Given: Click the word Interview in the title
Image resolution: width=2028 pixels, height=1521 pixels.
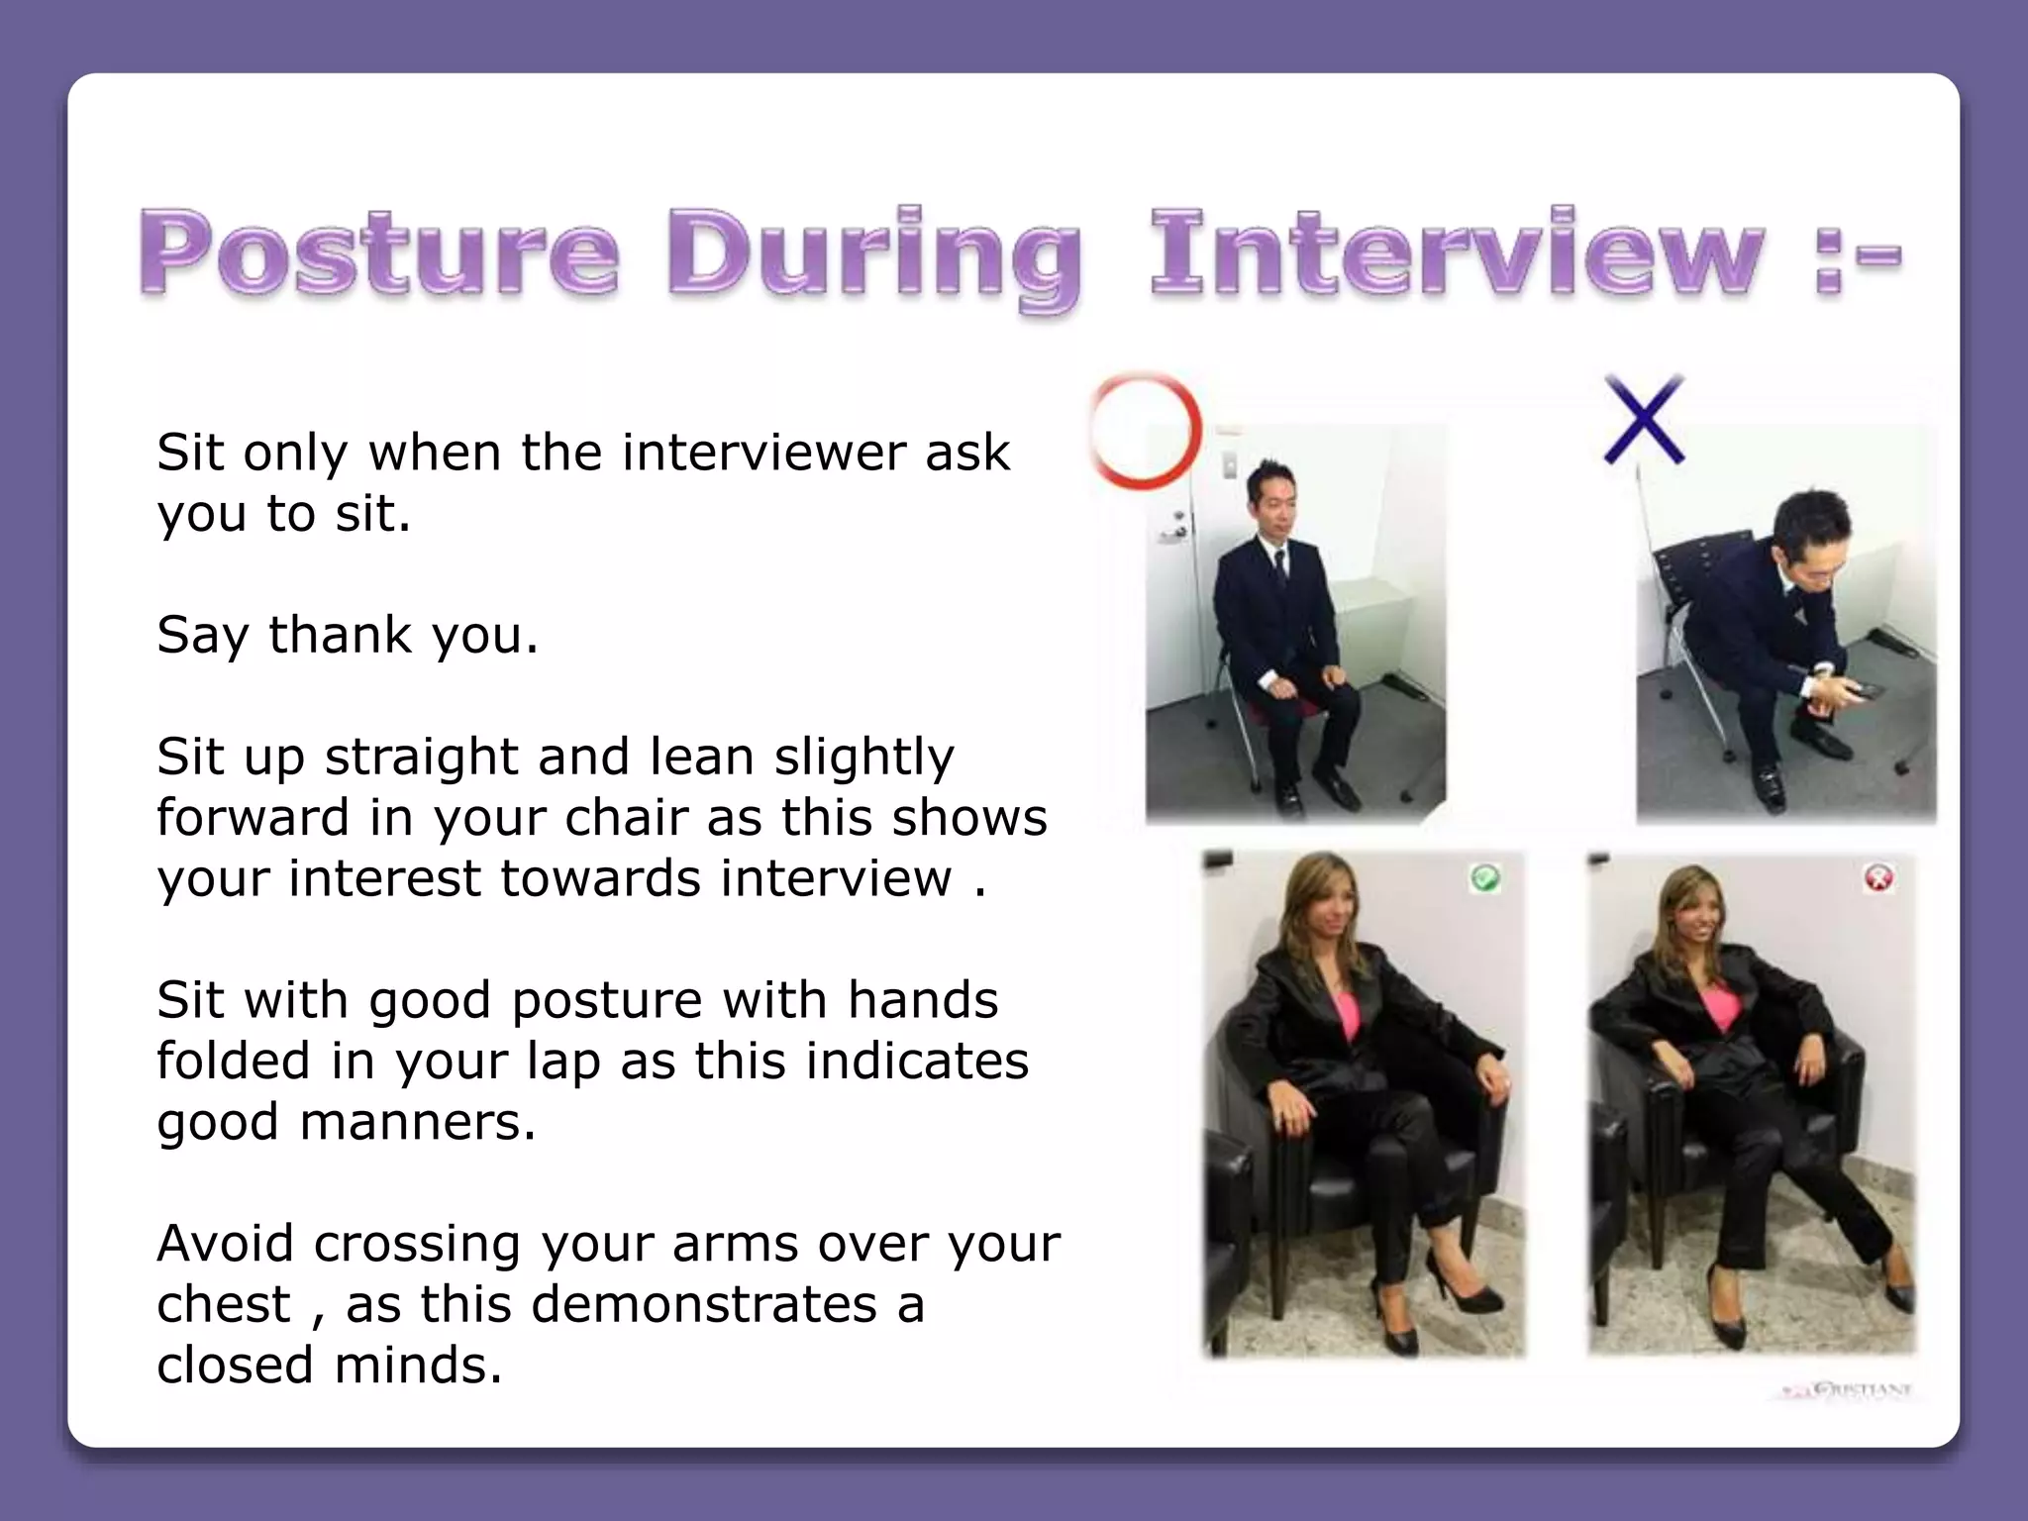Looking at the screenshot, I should point(1456,253).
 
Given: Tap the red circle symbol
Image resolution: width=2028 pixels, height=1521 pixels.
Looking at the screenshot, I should point(1147,432).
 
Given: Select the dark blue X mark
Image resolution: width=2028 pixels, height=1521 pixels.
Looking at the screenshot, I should point(1644,420).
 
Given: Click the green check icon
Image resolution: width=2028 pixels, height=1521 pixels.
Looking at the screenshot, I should point(1484,877).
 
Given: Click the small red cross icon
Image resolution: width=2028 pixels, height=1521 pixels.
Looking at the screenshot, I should point(1878,877).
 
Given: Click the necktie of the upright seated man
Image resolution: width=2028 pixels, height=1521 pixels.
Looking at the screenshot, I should point(1279,570).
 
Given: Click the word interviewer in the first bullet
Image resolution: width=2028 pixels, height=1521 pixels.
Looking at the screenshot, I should point(763,453).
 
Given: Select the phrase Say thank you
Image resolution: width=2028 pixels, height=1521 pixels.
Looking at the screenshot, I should point(348,634).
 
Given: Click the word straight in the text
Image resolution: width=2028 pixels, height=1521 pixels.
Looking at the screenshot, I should point(421,757).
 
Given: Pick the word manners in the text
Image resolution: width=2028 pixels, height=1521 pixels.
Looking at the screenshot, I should point(417,1122).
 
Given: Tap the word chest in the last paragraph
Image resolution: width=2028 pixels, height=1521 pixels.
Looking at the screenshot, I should point(223,1304).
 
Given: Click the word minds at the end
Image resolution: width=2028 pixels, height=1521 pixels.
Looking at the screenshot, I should point(417,1366).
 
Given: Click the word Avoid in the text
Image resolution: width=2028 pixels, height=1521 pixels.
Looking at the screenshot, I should point(226,1244).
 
